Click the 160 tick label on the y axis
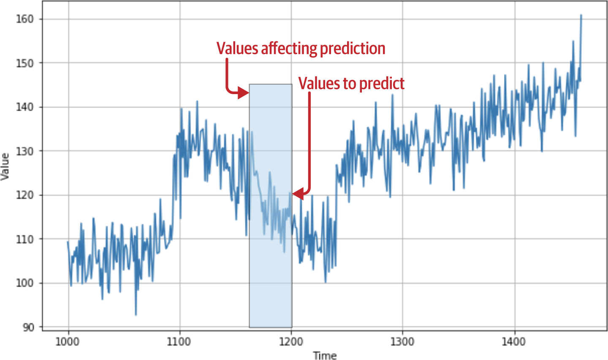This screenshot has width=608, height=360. click(x=24, y=19)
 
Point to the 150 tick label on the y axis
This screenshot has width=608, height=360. click(x=24, y=63)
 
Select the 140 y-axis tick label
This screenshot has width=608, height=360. click(x=24, y=107)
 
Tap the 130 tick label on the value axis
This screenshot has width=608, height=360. click(x=24, y=151)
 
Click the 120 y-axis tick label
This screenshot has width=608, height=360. click(x=24, y=195)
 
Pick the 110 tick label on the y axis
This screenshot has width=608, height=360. click(x=24, y=239)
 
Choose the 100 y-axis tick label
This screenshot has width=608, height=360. click(x=24, y=283)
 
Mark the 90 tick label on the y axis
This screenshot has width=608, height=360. click(x=28, y=327)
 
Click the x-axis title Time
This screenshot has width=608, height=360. click(x=325, y=355)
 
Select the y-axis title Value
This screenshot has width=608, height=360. click(x=5, y=167)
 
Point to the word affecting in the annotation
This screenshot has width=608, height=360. click(x=289, y=49)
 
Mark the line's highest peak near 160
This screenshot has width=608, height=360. click(x=581, y=15)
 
